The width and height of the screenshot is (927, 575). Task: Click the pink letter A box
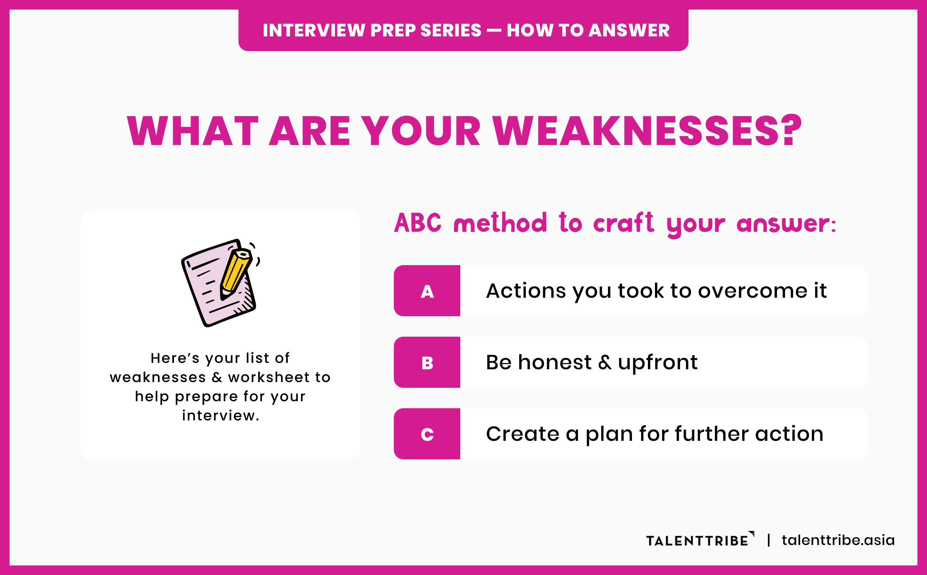click(x=427, y=291)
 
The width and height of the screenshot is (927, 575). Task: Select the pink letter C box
click(x=427, y=434)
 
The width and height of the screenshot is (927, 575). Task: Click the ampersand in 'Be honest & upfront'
click(x=605, y=363)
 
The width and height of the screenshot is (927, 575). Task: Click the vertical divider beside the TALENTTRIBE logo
click(x=769, y=540)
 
